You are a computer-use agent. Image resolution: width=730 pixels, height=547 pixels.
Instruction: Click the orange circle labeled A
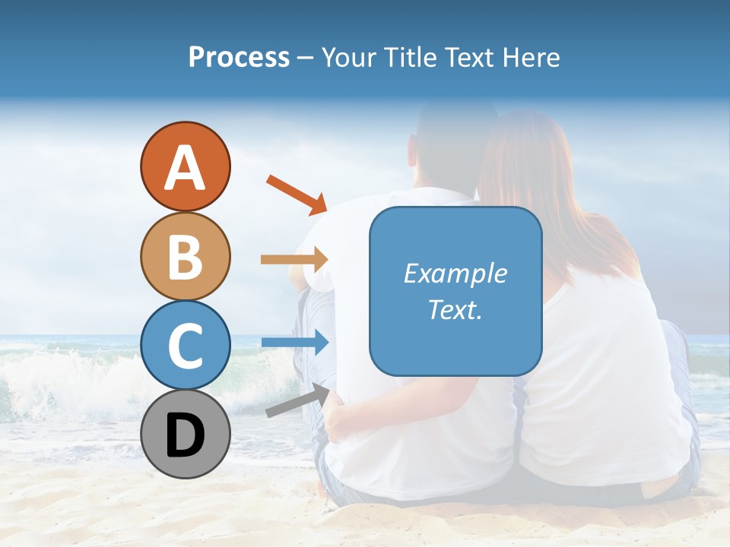185,166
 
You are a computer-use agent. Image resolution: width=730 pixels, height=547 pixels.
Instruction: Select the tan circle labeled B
185,256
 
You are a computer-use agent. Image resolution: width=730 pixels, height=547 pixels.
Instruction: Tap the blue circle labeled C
185,345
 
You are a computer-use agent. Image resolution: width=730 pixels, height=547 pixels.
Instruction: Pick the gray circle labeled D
185,435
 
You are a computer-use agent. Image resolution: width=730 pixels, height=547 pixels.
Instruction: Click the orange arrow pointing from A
297,194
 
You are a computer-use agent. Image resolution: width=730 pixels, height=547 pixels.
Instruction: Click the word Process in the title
239,58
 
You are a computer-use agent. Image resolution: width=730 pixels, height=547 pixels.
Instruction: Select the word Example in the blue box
455,273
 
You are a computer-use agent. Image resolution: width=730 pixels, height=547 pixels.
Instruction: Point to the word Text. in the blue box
455,309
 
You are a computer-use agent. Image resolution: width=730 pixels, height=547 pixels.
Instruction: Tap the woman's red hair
532,175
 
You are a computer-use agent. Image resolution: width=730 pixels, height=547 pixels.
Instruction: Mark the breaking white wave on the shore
53,380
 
